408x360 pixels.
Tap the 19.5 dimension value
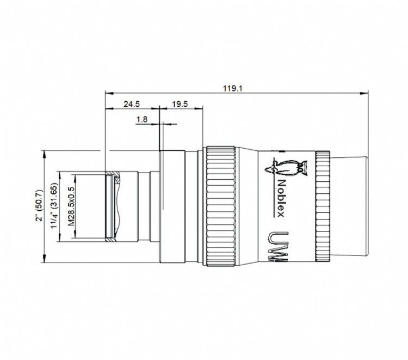[x=180, y=103]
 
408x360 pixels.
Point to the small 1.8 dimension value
[x=142, y=119]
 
